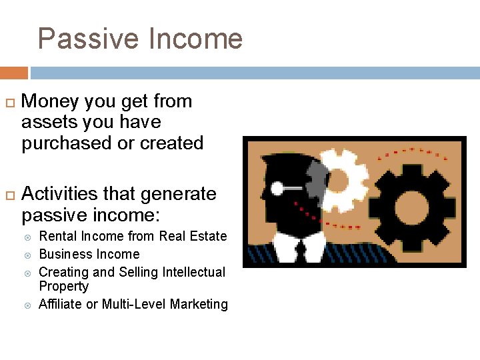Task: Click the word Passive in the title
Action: pyautogui.click(x=89, y=39)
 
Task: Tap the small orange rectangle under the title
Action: pyautogui.click(x=14, y=73)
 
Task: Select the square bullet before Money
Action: pyautogui.click(x=9, y=103)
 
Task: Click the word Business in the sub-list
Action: pyautogui.click(x=62, y=254)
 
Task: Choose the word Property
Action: pyautogui.click(x=63, y=286)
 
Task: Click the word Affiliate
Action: pyautogui.click(x=60, y=304)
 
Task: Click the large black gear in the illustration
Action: pyautogui.click(x=413, y=204)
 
